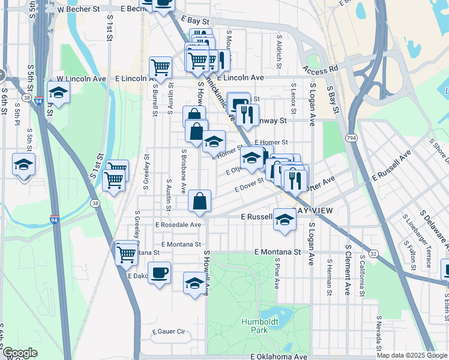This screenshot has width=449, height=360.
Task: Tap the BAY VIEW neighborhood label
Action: click(312, 211)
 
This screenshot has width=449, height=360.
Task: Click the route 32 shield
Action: click(373, 254)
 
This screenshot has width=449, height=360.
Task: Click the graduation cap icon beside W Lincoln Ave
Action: click(58, 92)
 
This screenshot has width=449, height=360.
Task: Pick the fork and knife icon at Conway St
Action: click(247, 114)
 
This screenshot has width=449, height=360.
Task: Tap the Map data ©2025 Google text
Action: click(411, 355)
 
